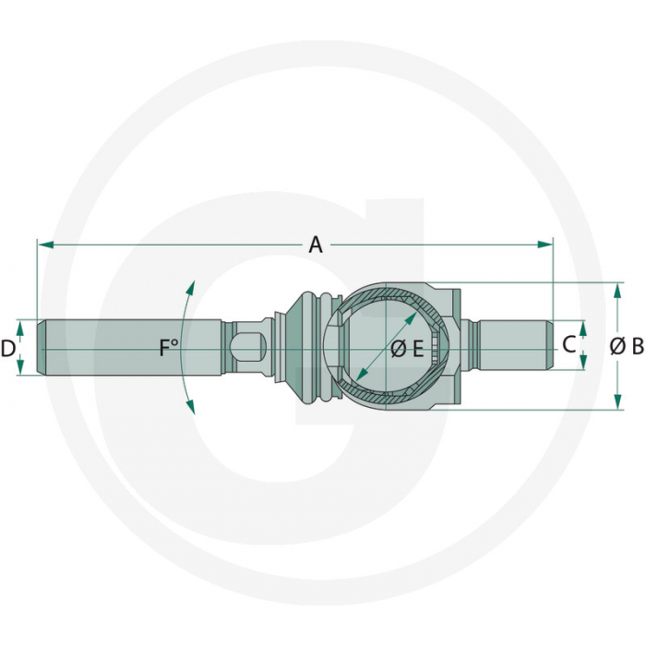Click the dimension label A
(x=316, y=245)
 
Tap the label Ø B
(x=627, y=347)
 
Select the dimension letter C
(x=568, y=345)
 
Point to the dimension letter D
(x=8, y=348)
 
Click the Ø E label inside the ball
(x=406, y=348)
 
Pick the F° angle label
(x=168, y=348)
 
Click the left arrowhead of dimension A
(x=42, y=245)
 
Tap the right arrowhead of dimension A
(x=547, y=245)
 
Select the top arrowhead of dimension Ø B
(x=616, y=288)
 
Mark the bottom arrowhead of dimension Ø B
(x=616, y=404)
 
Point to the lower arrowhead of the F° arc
(x=191, y=408)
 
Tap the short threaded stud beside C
(x=512, y=345)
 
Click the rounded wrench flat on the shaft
(x=247, y=348)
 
